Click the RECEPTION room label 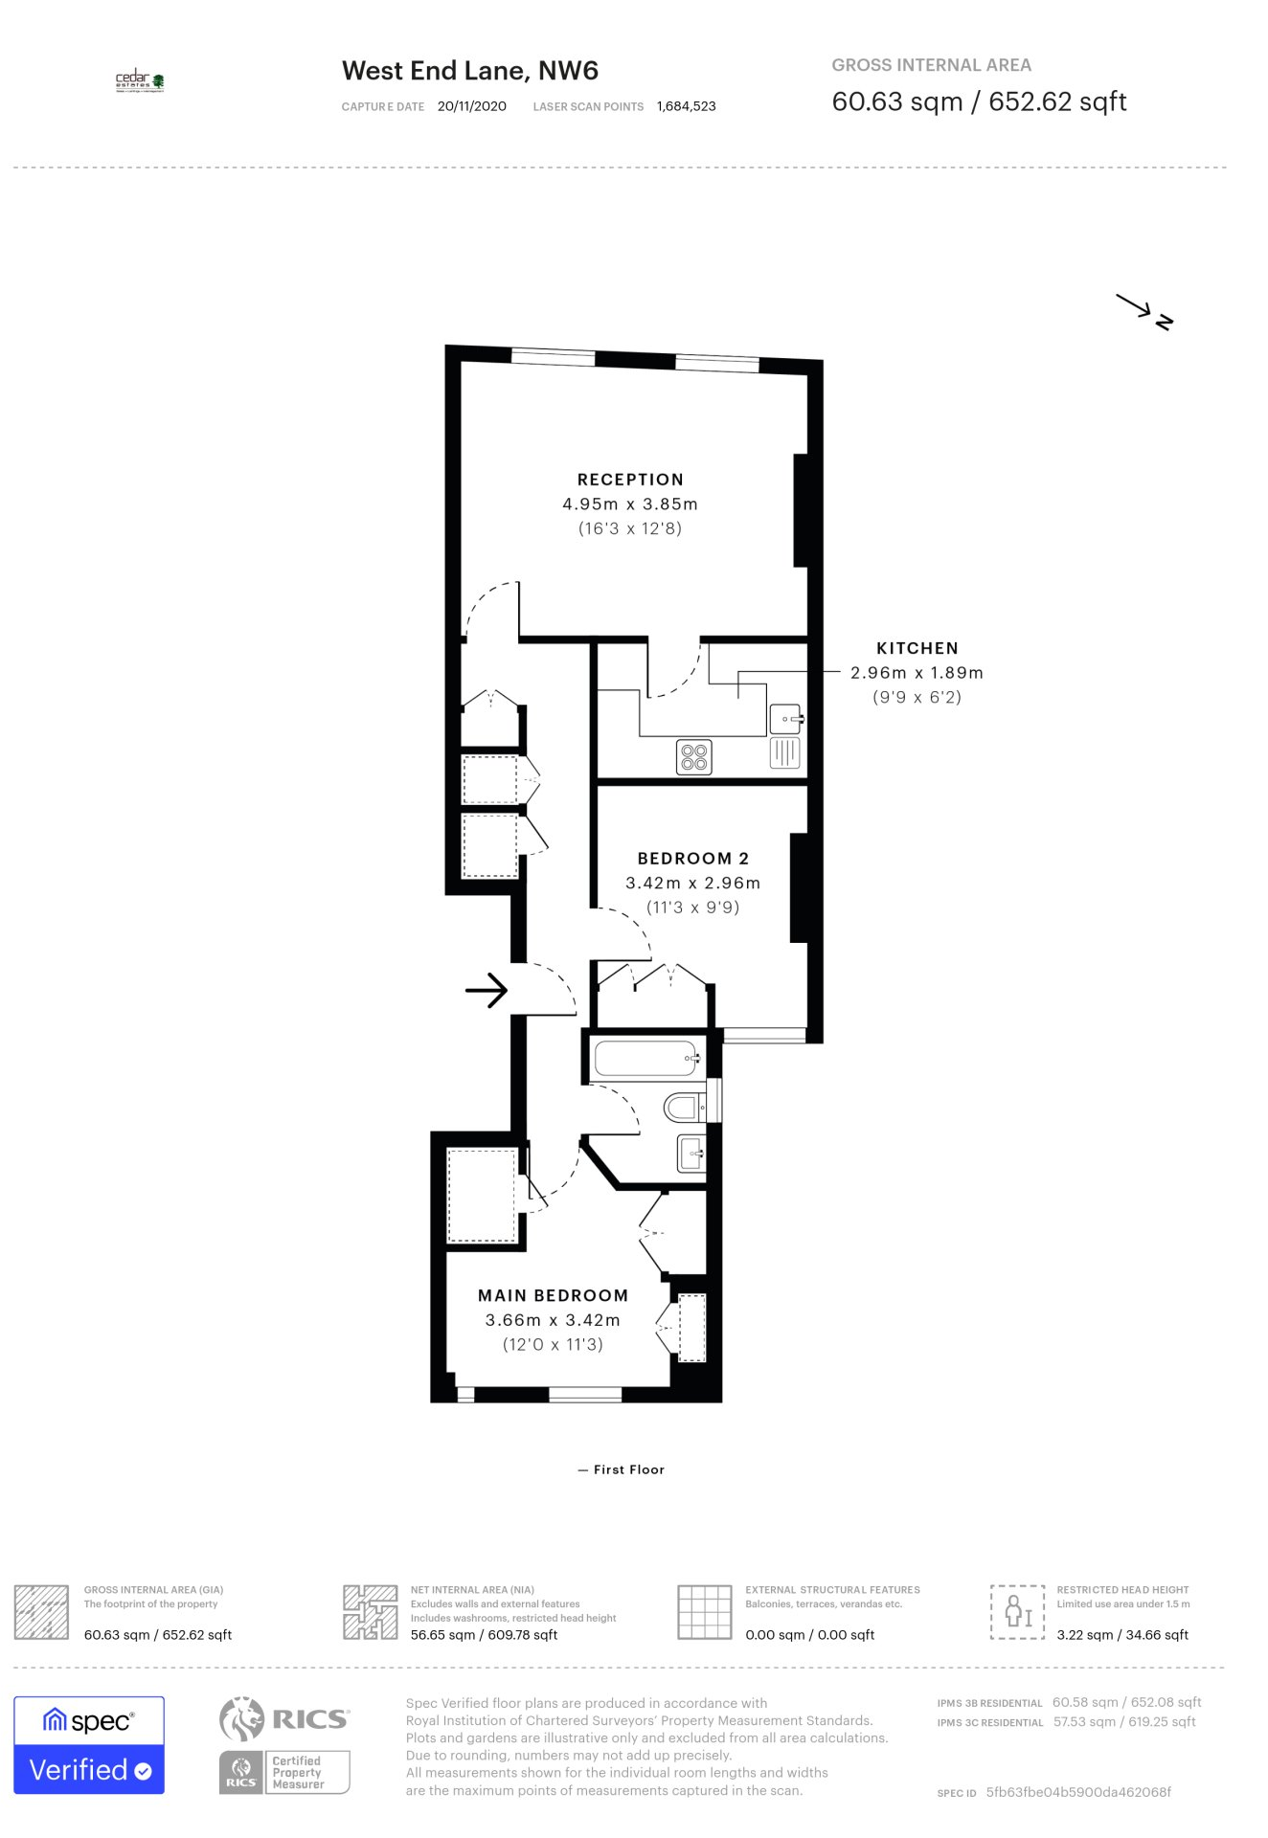click(630, 480)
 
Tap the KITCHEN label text click(917, 648)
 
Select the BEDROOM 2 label click(693, 859)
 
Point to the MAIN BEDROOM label click(554, 1295)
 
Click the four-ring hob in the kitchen click(694, 757)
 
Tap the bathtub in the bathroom click(647, 1058)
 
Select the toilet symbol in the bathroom click(684, 1108)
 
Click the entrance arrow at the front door click(487, 990)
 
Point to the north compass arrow click(1144, 312)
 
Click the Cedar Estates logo click(140, 81)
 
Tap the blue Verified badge click(89, 1744)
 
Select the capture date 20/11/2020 click(472, 106)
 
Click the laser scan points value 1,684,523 click(687, 106)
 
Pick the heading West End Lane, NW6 click(470, 71)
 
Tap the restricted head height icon click(1017, 1612)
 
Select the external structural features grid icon click(705, 1612)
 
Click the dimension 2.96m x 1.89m click(917, 673)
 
